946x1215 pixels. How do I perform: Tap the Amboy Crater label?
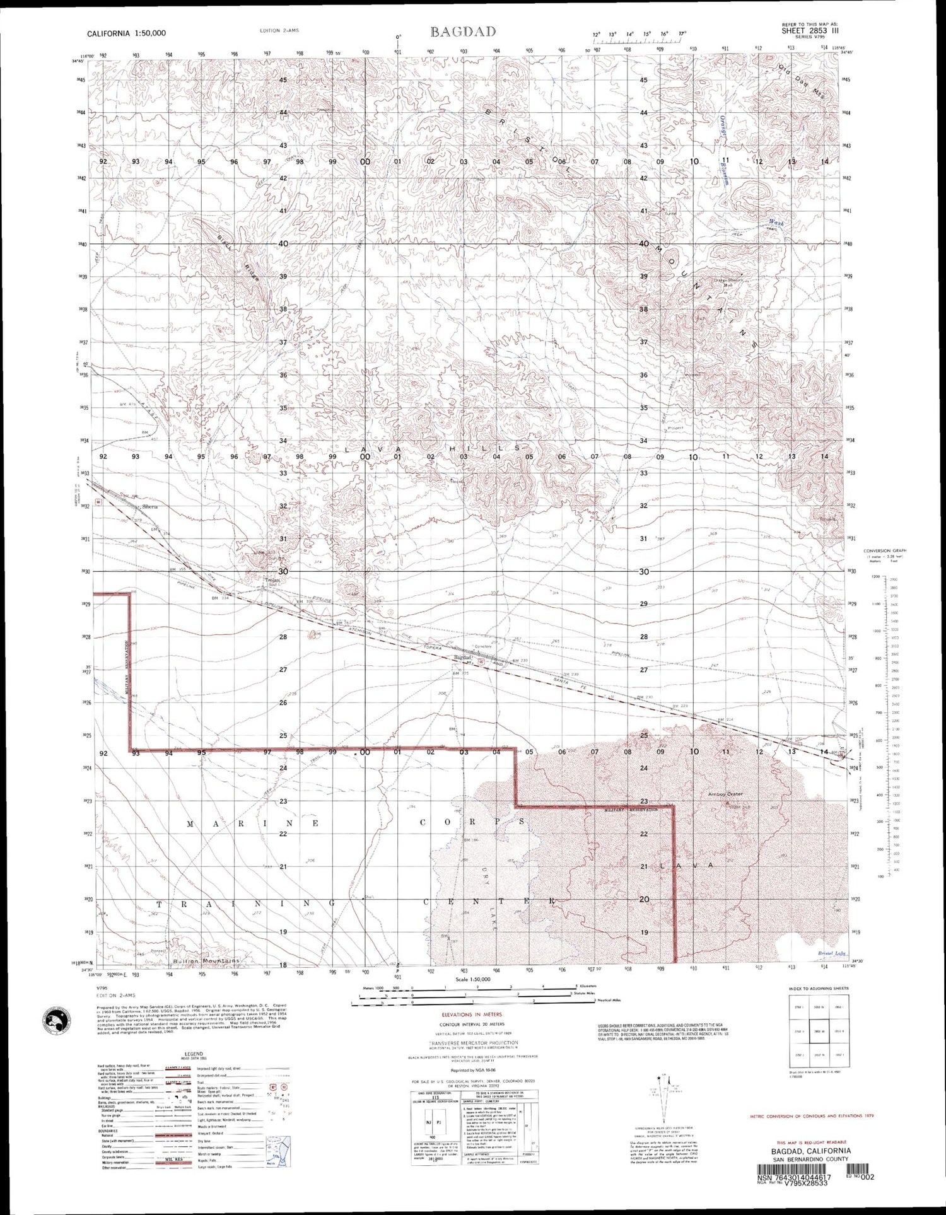click(727, 794)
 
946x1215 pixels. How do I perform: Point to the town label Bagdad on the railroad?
click(462, 658)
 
